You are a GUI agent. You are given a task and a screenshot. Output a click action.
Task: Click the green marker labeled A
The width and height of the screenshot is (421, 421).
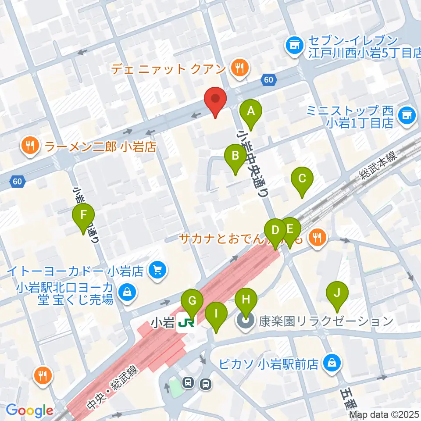[251, 111]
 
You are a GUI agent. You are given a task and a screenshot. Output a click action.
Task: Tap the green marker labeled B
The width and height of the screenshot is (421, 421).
[235, 156]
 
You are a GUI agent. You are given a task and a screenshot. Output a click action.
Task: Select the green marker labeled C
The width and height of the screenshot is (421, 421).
[302, 179]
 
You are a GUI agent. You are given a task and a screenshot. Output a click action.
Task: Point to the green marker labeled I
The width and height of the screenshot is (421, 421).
[216, 314]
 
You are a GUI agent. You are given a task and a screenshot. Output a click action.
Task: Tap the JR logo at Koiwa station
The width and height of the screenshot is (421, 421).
[186, 323]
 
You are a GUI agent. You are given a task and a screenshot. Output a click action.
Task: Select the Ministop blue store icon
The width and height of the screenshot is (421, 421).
[406, 116]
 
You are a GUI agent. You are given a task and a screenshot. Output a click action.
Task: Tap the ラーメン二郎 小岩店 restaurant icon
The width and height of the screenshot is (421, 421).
[30, 146]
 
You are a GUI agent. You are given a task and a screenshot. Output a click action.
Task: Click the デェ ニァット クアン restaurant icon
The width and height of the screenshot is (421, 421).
[239, 68]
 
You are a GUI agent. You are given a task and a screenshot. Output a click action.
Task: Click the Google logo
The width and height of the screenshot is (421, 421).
[30, 410]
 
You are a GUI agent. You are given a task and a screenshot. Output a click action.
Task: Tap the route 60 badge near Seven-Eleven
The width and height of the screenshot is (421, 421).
[269, 79]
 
